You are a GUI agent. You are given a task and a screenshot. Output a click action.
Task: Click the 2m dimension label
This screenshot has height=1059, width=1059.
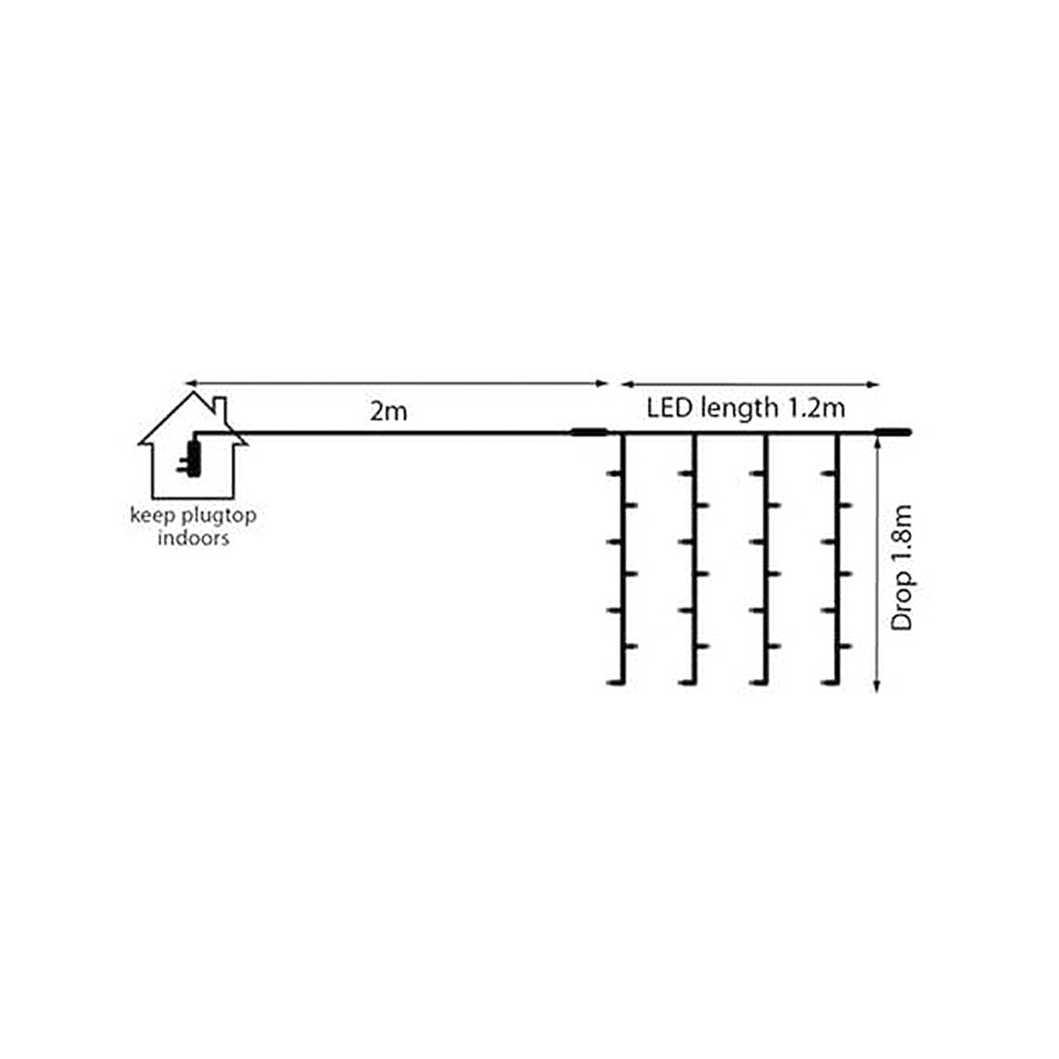tap(389, 411)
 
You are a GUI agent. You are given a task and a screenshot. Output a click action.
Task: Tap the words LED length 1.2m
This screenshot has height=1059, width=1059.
tap(745, 408)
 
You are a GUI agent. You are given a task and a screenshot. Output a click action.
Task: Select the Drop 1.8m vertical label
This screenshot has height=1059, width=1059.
tap(903, 568)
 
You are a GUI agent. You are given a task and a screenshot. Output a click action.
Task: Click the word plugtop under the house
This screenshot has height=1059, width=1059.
tap(218, 516)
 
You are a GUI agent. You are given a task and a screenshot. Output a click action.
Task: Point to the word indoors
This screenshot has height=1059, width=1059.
tap(193, 539)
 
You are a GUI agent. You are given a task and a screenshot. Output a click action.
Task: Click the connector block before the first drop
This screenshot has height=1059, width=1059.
tap(589, 431)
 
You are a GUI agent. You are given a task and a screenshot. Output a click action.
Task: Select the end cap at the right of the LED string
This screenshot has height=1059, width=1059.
tap(894, 431)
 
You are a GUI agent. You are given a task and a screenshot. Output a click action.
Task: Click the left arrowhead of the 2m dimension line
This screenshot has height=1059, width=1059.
tap(189, 384)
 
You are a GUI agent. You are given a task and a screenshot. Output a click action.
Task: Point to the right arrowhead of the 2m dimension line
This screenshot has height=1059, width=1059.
tap(604, 384)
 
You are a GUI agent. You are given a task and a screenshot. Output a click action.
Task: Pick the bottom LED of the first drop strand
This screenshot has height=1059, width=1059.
tap(613, 683)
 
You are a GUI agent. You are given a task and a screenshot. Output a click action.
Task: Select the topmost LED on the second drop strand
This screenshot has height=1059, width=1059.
tap(684, 473)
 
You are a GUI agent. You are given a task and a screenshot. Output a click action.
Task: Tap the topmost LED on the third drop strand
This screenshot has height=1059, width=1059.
tap(755, 473)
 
